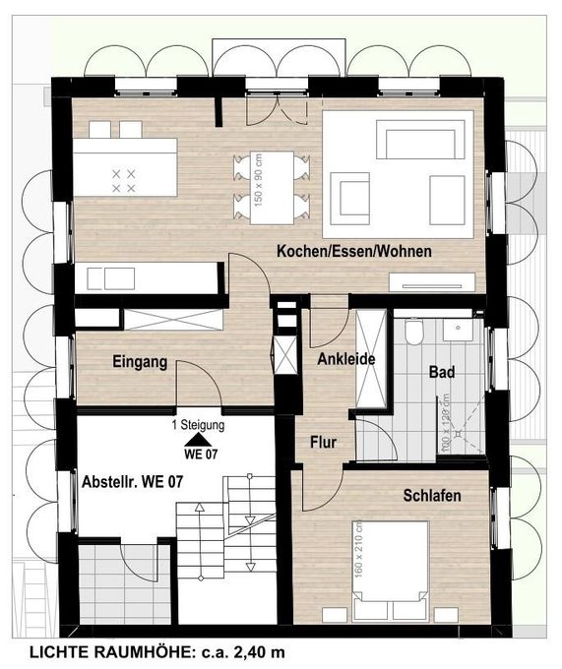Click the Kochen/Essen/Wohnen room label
(x=353, y=252)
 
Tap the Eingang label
(x=139, y=362)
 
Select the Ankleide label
(x=345, y=360)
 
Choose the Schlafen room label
(x=431, y=497)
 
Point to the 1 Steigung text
(x=199, y=426)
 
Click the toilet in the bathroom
(x=414, y=335)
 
